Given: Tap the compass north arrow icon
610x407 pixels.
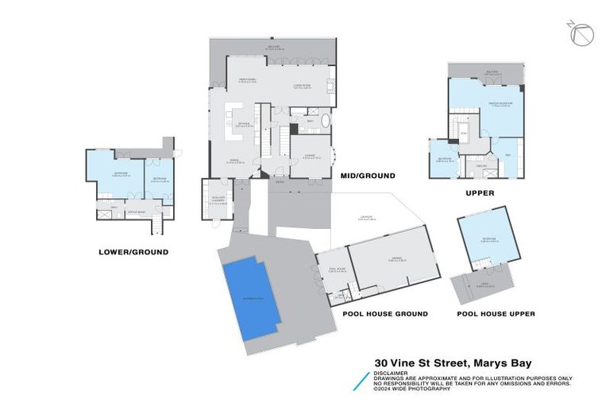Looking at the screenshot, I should click(582, 35).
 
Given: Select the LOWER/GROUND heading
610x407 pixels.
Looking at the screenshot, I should click(133, 252).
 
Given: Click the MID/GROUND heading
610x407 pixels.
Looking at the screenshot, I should click(367, 175).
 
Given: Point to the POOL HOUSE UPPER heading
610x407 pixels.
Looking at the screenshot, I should click(496, 314).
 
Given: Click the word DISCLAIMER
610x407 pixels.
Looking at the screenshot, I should click(392, 372).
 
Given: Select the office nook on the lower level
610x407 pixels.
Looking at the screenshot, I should click(137, 212).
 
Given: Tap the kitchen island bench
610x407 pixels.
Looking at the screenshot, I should click(236, 112).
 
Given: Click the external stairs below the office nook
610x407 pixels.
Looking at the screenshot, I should click(156, 227).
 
